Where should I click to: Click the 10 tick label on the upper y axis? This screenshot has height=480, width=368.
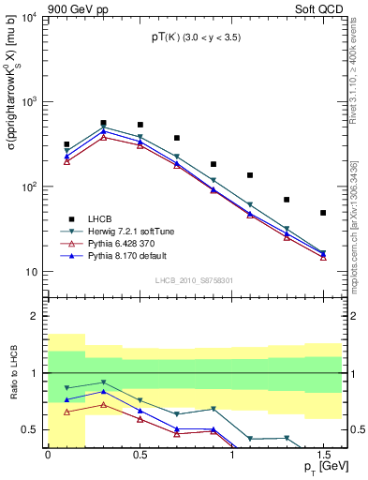pos(33,272)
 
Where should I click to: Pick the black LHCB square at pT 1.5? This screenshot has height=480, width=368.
pos(323,213)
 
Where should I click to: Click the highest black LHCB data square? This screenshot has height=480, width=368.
pos(103,123)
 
